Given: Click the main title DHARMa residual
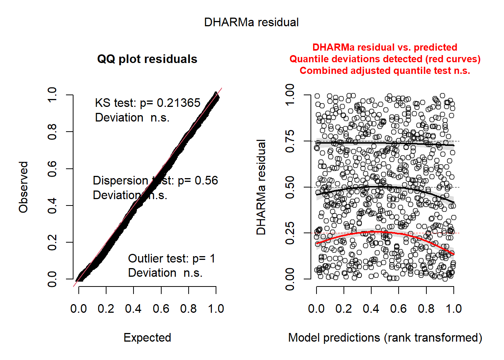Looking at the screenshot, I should coord(251,22).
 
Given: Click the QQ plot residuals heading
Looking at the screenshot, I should coord(147,59).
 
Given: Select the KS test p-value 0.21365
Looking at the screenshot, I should coord(178,103).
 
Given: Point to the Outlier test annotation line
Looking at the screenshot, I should coord(171,259).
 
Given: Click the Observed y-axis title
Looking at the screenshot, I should coord(24,187).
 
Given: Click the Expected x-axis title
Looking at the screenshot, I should coord(147,338).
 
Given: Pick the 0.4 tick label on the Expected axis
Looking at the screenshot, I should coord(133,309).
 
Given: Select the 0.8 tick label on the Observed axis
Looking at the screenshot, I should coord(52,132).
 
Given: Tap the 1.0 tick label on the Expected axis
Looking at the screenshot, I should coord(216,309).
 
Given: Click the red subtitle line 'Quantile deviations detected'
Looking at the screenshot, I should coord(385,59).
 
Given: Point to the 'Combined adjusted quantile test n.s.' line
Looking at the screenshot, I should coord(385,71).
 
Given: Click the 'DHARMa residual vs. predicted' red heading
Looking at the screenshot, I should coord(385,48).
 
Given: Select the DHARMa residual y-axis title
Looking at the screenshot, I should coord(261,187).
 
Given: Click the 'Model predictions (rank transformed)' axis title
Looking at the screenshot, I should coord(385,338).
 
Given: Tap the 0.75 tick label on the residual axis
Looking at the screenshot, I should coord(290,141).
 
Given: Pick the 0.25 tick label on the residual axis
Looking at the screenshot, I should coord(290,233).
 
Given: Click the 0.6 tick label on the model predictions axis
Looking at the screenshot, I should coord(398,309).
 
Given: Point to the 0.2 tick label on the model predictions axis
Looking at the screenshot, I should coord(343,309).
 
